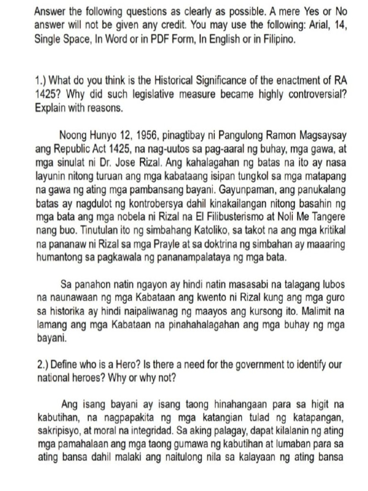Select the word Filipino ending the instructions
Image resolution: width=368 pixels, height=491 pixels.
pyautogui.click(x=278, y=39)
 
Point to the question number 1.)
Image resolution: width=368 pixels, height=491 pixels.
pyautogui.click(x=41, y=80)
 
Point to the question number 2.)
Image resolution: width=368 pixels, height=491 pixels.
pyautogui.click(x=44, y=365)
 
